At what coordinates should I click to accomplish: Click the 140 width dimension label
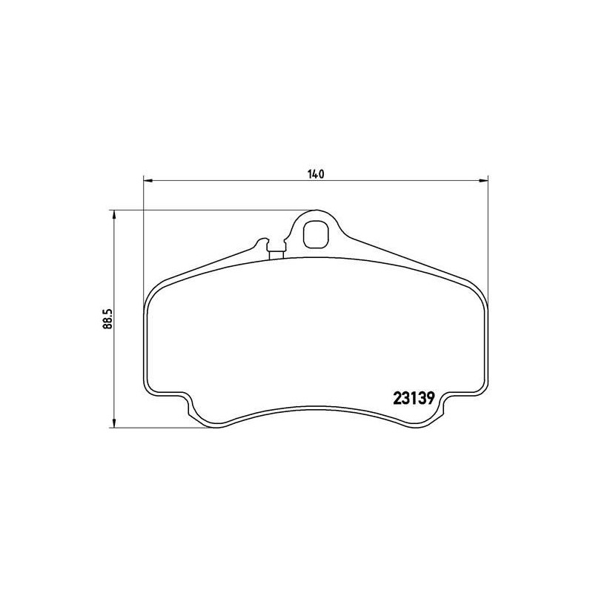(x=316, y=175)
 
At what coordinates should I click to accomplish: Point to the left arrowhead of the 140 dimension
(x=147, y=179)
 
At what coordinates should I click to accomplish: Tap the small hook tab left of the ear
(x=261, y=242)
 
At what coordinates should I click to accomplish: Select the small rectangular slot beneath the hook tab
(x=277, y=255)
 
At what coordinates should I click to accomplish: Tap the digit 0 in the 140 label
(x=322, y=175)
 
